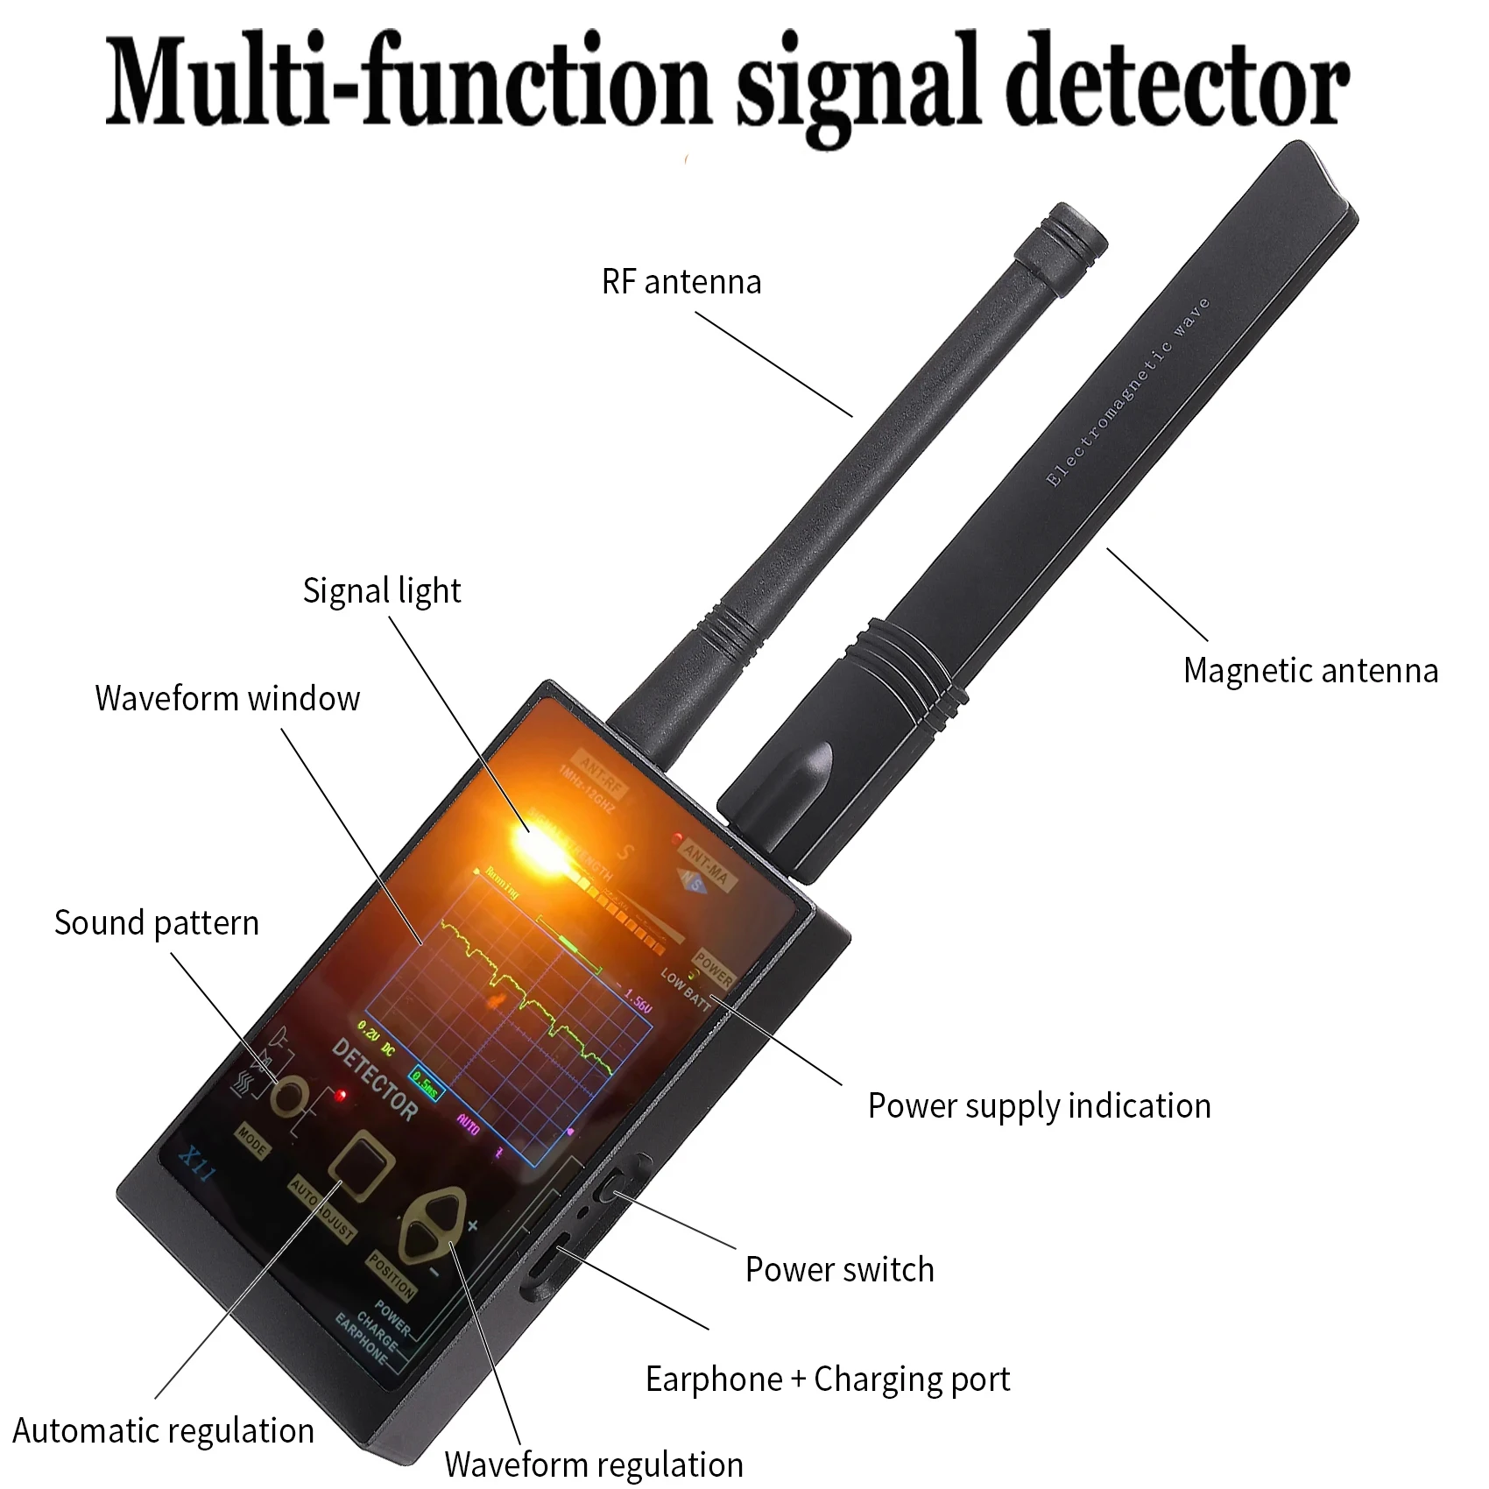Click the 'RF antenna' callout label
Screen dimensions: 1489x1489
681,282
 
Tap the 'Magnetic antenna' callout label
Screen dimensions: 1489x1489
1310,671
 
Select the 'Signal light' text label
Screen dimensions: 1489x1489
382,591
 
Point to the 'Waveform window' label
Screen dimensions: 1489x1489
228,699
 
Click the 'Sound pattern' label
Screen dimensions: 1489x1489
157,923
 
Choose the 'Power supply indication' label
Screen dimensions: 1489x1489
1040,1106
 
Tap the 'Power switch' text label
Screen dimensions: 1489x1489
840,1270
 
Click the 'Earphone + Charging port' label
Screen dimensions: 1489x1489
828,1380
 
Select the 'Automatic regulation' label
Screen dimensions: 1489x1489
164,1431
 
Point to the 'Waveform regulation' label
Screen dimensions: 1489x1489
594,1464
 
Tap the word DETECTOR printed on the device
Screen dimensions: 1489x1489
376,1079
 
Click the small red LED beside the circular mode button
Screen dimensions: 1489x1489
341,1095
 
